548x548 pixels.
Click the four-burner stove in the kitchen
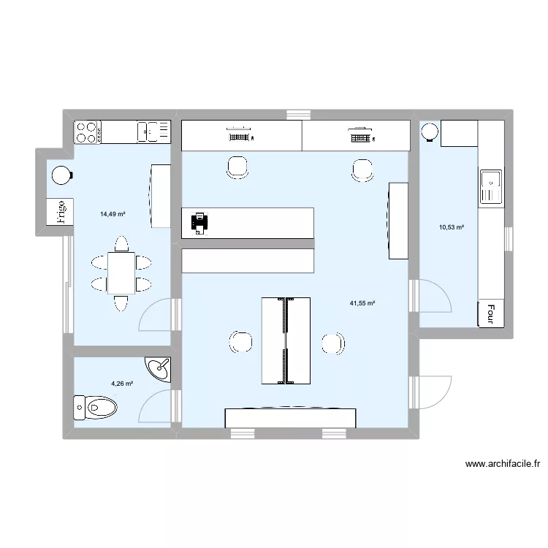tap(87, 132)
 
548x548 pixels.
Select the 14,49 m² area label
tap(113, 214)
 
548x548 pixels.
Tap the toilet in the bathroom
tap(95, 407)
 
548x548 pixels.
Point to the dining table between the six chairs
tap(121, 272)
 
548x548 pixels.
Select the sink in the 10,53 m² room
tap(490, 187)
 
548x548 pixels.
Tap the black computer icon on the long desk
tap(199, 222)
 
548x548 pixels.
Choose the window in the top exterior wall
tap(298, 115)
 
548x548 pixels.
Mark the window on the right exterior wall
tap(509, 239)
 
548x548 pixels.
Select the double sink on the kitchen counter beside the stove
tap(153, 132)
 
